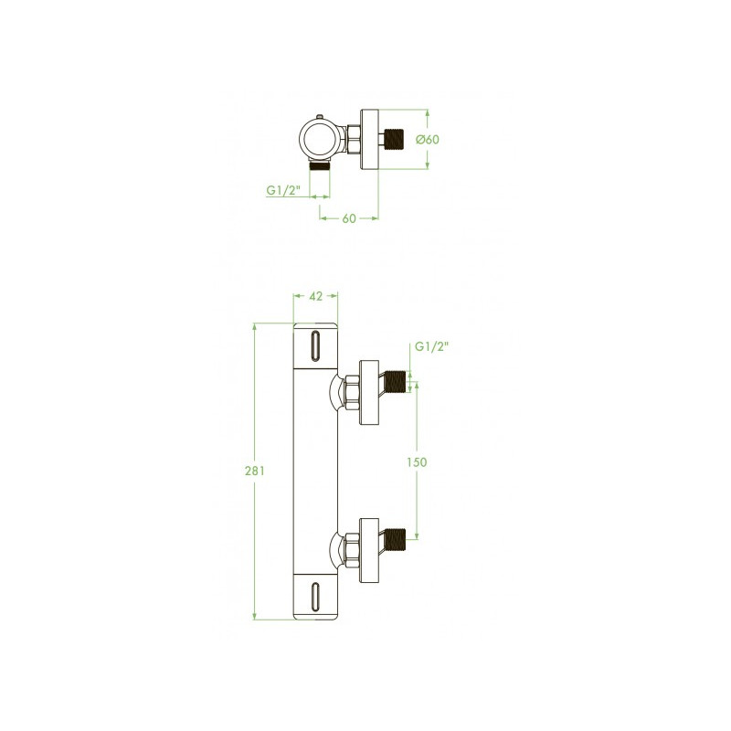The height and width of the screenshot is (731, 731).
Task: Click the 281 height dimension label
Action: [255, 471]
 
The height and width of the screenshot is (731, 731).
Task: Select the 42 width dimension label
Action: [315, 296]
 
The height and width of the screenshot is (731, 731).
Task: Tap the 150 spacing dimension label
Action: [417, 462]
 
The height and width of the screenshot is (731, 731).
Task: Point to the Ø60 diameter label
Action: [428, 140]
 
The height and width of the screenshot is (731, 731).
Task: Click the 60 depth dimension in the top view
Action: [349, 218]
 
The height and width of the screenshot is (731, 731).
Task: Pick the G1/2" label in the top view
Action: [283, 191]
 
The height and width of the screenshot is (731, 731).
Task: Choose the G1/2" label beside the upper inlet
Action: [431, 347]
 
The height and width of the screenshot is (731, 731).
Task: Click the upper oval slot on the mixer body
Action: [315, 345]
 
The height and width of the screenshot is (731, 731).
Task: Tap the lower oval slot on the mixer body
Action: [315, 598]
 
